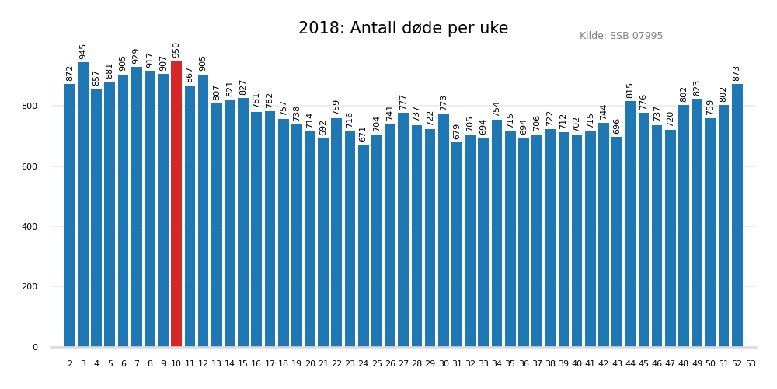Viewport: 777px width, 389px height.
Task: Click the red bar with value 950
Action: point(176,204)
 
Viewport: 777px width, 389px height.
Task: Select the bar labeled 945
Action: point(83,205)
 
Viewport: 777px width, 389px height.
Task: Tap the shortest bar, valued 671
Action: point(364,246)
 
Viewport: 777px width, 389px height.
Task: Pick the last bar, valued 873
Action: point(737,216)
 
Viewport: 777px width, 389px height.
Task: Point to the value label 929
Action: point(136,56)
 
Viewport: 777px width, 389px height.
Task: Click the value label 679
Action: point(457,131)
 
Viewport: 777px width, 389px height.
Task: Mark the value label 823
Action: point(697,88)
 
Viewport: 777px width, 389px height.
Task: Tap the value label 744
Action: point(604,112)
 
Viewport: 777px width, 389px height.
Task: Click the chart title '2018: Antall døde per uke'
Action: point(403,29)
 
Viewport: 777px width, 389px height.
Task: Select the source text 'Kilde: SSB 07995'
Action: point(621,36)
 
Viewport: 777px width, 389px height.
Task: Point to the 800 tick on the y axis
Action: point(34,107)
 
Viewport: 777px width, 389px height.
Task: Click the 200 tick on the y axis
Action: point(34,287)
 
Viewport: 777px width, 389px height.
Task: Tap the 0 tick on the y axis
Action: point(35,348)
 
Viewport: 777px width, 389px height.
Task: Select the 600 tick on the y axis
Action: point(34,167)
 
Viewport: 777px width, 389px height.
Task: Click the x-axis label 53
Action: point(751,364)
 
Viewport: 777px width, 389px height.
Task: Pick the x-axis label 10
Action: point(176,364)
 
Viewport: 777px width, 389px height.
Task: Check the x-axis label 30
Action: point(444,364)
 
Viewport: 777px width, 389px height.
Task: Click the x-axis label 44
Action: point(630,364)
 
